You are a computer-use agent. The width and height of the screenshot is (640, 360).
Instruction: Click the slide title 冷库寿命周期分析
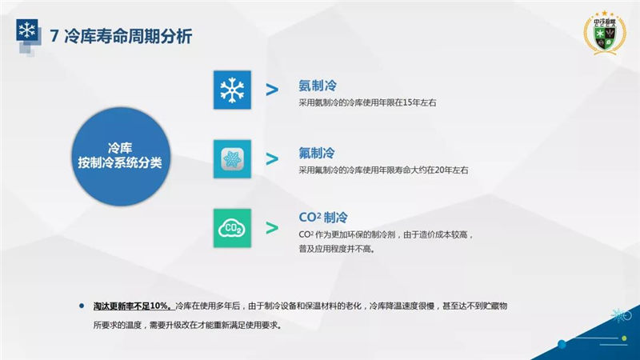(128, 36)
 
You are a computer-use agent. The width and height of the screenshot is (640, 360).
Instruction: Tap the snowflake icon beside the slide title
(27, 30)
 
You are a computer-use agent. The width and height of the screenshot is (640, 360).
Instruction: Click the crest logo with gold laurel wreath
(605, 33)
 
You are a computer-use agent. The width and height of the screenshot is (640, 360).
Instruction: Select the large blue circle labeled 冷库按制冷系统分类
(121, 156)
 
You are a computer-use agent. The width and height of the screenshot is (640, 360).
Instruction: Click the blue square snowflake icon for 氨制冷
(232, 90)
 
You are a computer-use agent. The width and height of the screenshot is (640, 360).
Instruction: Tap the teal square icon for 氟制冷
(232, 158)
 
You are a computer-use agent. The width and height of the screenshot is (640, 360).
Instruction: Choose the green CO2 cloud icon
(232, 228)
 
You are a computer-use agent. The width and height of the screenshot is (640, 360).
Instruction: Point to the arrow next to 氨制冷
(272, 90)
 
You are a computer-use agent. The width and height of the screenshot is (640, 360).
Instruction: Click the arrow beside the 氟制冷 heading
(272, 158)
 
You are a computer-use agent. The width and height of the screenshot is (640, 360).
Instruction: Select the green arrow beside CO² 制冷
(272, 228)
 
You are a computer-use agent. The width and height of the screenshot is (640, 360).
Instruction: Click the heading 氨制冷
(318, 86)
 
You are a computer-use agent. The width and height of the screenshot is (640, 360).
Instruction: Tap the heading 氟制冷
(317, 153)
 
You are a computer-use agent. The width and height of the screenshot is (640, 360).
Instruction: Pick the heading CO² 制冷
(323, 217)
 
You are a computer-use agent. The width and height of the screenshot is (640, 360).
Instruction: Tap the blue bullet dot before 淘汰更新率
(82, 306)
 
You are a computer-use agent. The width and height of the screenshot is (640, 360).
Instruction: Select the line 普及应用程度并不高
(336, 249)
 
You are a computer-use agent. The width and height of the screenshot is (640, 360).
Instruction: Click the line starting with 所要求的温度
(188, 326)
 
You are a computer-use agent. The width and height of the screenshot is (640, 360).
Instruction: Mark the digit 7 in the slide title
(54, 36)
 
